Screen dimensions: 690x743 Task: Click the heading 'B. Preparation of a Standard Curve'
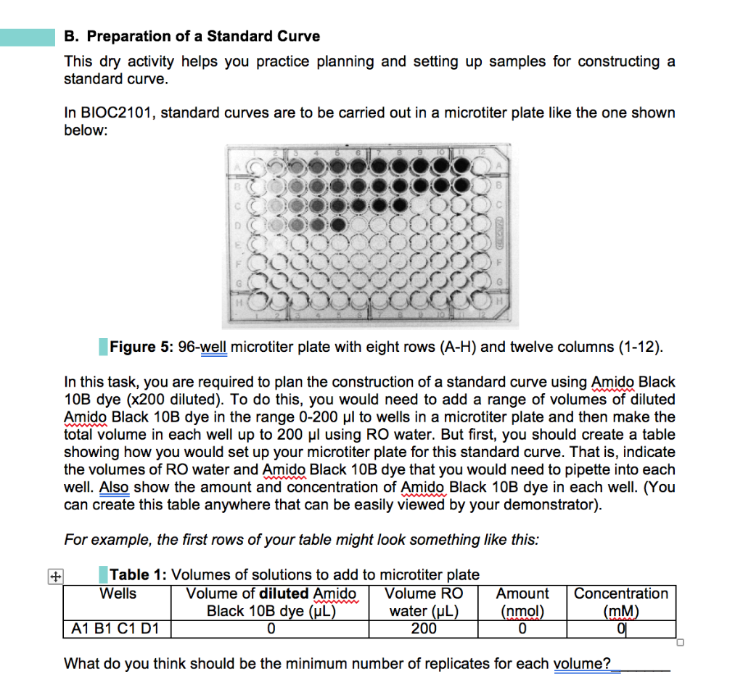(x=192, y=36)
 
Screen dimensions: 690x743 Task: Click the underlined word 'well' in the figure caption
(x=214, y=347)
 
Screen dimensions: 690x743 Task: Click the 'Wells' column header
(x=118, y=594)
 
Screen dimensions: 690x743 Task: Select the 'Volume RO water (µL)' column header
(x=423, y=602)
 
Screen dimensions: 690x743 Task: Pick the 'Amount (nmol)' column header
(x=522, y=602)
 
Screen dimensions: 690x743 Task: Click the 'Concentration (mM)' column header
(x=621, y=602)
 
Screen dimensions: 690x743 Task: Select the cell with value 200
(x=423, y=628)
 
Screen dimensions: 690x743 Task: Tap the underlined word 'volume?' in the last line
(x=582, y=664)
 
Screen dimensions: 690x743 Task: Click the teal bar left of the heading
(x=28, y=36)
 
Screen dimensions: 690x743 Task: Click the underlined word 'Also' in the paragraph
(x=114, y=488)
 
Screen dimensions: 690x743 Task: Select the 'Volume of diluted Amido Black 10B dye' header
(x=271, y=602)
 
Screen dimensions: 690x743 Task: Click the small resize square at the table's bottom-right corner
(x=680, y=642)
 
